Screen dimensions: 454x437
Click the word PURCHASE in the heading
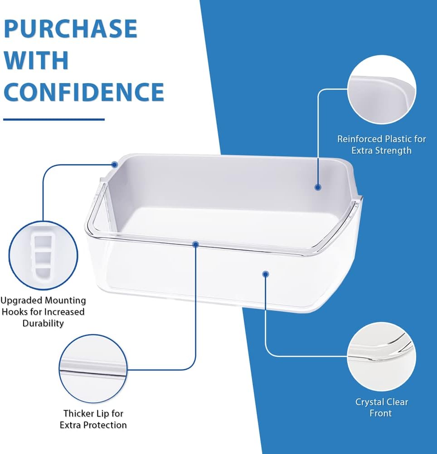[x=70, y=29]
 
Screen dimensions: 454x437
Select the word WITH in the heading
[x=36, y=60]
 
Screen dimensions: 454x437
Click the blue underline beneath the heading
[x=53, y=119]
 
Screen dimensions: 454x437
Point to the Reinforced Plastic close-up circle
[x=381, y=90]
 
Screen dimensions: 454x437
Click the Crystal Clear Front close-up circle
[x=381, y=356]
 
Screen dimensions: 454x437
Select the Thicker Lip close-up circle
[x=93, y=369]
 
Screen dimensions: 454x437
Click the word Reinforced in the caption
[x=359, y=139]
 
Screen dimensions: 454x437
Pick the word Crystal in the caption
[x=369, y=402]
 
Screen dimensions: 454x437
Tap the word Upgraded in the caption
[x=21, y=301]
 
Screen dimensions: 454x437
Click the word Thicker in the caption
[x=80, y=414]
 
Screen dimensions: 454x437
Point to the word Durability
[x=43, y=323]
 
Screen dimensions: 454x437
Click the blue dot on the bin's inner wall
[x=318, y=187]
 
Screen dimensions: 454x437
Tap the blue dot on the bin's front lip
[x=195, y=244]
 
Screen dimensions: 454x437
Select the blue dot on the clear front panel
[x=265, y=273]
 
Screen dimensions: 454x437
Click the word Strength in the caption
[x=395, y=150]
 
